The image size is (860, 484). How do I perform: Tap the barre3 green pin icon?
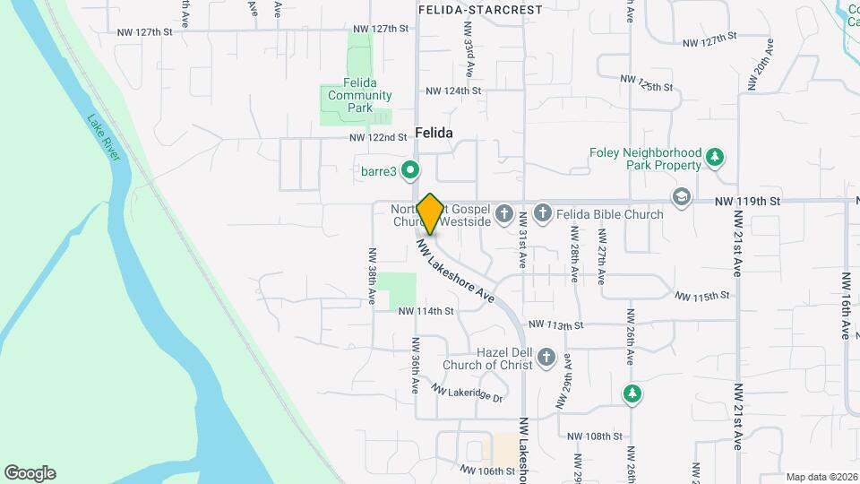[410, 169]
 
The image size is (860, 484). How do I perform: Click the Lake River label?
[105, 137]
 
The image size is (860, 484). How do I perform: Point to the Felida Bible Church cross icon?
[542, 214]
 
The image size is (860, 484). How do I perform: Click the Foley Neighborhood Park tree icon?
[714, 159]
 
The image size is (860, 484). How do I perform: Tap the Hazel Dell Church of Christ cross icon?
[546, 359]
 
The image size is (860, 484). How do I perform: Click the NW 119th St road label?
[748, 202]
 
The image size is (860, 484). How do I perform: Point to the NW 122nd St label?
[379, 137]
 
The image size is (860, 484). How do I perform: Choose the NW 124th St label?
[453, 91]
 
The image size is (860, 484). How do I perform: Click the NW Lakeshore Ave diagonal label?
[456, 270]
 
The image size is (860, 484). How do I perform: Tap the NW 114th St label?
[426, 311]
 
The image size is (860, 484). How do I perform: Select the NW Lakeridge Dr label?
[467, 392]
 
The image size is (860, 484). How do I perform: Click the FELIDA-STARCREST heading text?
[480, 10]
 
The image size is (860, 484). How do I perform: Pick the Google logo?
[30, 473]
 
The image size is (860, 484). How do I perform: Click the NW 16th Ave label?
[844, 306]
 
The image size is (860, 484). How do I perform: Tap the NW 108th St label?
[595, 436]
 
